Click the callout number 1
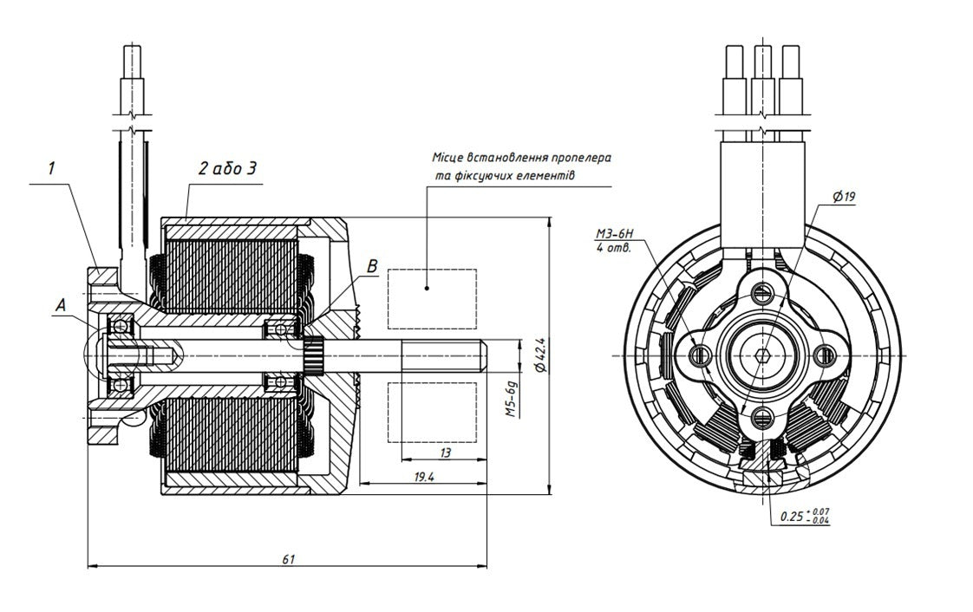(x=52, y=168)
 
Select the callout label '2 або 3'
(x=227, y=169)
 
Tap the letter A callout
(x=60, y=304)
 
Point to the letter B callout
(x=372, y=266)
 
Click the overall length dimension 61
(x=289, y=558)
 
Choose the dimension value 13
(x=445, y=452)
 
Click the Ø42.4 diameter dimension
(x=539, y=355)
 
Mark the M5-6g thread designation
(x=512, y=400)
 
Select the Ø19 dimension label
(x=845, y=197)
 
